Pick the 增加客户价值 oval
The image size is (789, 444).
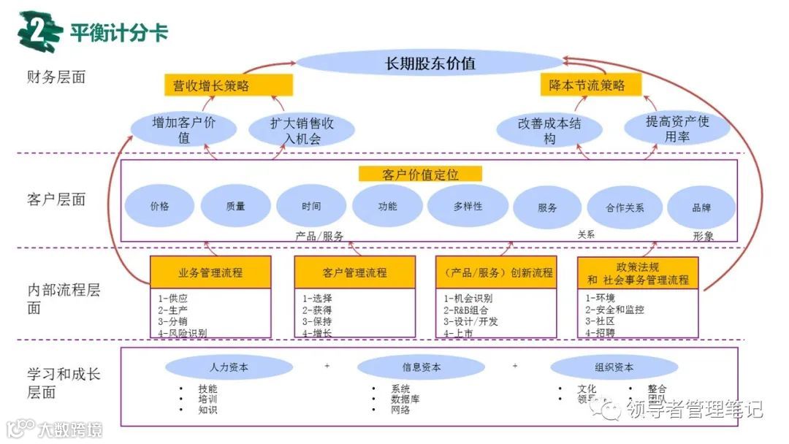(183, 130)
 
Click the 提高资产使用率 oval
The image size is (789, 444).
(677, 129)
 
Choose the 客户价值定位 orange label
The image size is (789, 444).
(420, 175)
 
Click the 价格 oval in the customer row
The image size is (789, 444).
(159, 207)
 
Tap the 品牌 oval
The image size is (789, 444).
(701, 207)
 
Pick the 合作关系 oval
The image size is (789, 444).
(625, 207)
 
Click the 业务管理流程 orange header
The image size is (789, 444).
(210, 273)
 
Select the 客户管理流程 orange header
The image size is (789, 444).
(354, 273)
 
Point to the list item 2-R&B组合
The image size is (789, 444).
(468, 310)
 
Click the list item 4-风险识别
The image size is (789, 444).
(183, 333)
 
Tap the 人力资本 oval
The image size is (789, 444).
(229, 367)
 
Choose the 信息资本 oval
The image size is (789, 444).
(421, 367)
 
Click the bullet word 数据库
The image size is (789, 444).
(405, 399)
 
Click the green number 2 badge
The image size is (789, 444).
(39, 31)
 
